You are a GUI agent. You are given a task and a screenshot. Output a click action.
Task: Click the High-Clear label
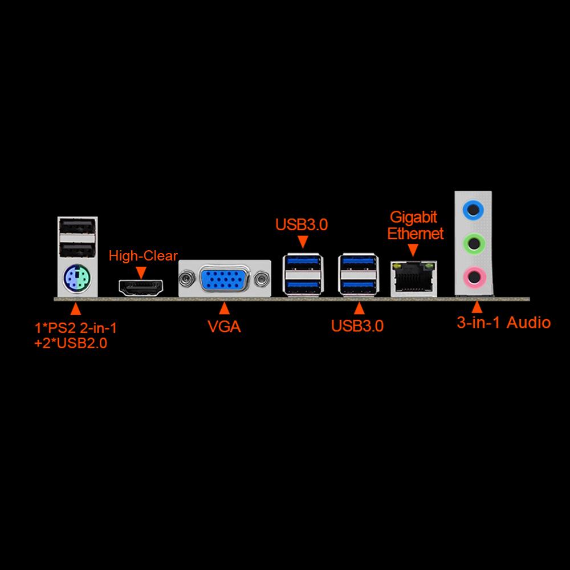[x=143, y=256]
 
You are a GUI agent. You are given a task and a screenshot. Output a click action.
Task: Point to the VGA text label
[x=224, y=327]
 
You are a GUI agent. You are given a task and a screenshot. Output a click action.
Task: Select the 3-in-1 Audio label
[x=504, y=323]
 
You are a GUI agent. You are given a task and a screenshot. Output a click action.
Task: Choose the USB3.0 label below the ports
[x=357, y=327]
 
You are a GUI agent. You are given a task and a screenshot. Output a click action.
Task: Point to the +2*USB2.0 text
[x=71, y=343]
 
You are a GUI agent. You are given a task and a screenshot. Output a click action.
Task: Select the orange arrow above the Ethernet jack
[x=414, y=249]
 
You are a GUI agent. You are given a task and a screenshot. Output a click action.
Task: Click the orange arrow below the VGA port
[x=225, y=308]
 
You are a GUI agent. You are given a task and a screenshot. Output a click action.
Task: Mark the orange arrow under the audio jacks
[x=476, y=308]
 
